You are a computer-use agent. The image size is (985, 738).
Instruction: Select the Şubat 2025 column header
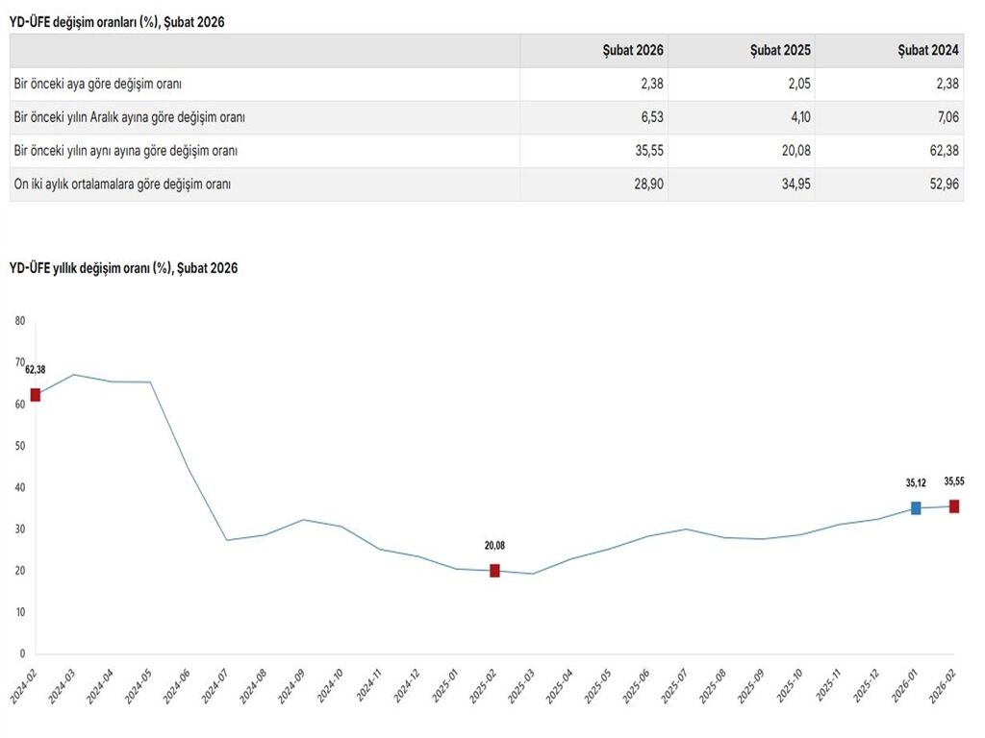click(780, 51)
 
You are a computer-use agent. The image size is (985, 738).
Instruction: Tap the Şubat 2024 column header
click(928, 51)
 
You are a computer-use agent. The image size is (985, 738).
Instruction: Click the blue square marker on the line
click(916, 508)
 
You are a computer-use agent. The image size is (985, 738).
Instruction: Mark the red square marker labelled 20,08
click(494, 571)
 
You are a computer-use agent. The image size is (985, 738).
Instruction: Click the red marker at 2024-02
click(36, 395)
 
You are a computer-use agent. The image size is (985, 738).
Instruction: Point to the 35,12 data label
click(915, 483)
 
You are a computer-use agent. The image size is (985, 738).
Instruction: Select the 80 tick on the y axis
click(20, 322)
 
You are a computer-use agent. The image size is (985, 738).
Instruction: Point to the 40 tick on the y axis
click(20, 487)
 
